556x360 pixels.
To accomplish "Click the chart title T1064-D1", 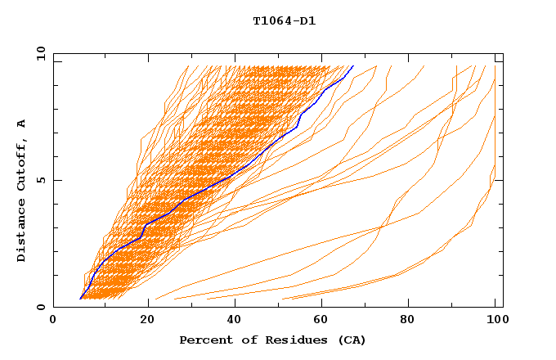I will click(285, 20).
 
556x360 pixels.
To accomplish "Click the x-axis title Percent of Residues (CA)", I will click(272, 340).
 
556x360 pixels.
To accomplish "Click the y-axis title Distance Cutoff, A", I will click(21, 191).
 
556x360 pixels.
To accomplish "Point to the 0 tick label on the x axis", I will click(53, 322).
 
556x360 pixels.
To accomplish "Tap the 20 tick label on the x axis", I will click(141, 322).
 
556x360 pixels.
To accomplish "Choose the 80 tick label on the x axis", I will click(406, 322).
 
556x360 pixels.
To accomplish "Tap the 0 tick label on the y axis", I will click(42, 307).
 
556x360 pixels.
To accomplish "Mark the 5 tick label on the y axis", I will click(42, 180).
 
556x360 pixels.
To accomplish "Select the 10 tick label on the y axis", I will click(38, 53).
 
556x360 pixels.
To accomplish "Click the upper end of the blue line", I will click(353, 66).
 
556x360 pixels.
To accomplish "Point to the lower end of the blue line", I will click(79, 299).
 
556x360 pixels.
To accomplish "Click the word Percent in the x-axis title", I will click(204, 340).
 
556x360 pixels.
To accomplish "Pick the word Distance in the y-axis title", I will click(21, 232).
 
